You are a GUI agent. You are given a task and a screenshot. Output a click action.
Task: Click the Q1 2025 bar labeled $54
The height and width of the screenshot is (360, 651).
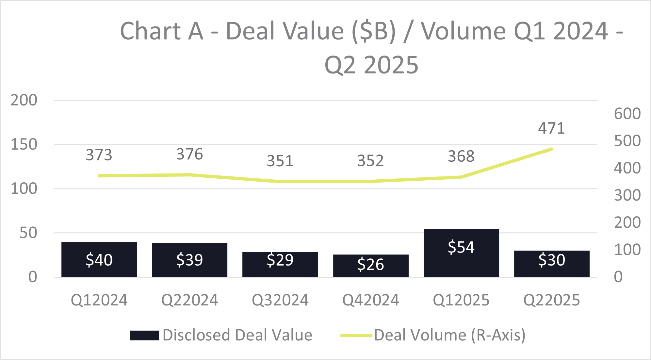[461, 253]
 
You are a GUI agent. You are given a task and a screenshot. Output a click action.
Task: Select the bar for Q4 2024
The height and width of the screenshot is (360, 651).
[370, 265]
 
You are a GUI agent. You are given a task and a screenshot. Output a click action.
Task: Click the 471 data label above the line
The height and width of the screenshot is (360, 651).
[551, 128]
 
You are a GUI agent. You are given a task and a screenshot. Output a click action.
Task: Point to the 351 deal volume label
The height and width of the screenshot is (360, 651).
[280, 161]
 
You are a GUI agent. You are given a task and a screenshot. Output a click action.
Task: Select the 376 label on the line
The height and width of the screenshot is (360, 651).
[189, 154]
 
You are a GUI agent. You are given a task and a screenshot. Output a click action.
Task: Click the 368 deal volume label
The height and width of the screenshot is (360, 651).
[461, 156]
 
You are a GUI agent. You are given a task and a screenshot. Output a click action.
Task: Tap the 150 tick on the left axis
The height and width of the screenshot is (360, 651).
[24, 144]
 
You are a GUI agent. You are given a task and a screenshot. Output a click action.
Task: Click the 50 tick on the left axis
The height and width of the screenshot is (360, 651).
[28, 233]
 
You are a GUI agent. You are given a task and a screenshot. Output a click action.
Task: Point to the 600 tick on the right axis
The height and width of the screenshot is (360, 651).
[627, 114]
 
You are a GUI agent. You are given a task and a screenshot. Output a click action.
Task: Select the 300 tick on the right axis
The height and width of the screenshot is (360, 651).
[627, 195]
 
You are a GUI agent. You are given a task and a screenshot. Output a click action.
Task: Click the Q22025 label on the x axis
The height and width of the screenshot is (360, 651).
[551, 300]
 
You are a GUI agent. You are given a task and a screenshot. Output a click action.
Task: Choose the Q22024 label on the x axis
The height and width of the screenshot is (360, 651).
[189, 300]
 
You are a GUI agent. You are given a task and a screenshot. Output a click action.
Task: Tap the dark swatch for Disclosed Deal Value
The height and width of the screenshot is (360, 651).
[144, 335]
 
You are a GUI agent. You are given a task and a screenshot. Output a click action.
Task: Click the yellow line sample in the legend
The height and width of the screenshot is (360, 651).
[356, 335]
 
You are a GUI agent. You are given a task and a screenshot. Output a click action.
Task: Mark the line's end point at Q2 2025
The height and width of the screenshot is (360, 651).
[551, 149]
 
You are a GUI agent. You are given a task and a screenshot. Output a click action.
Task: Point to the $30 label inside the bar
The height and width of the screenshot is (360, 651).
[551, 260]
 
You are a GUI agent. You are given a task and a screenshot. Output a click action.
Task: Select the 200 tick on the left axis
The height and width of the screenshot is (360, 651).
[24, 100]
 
